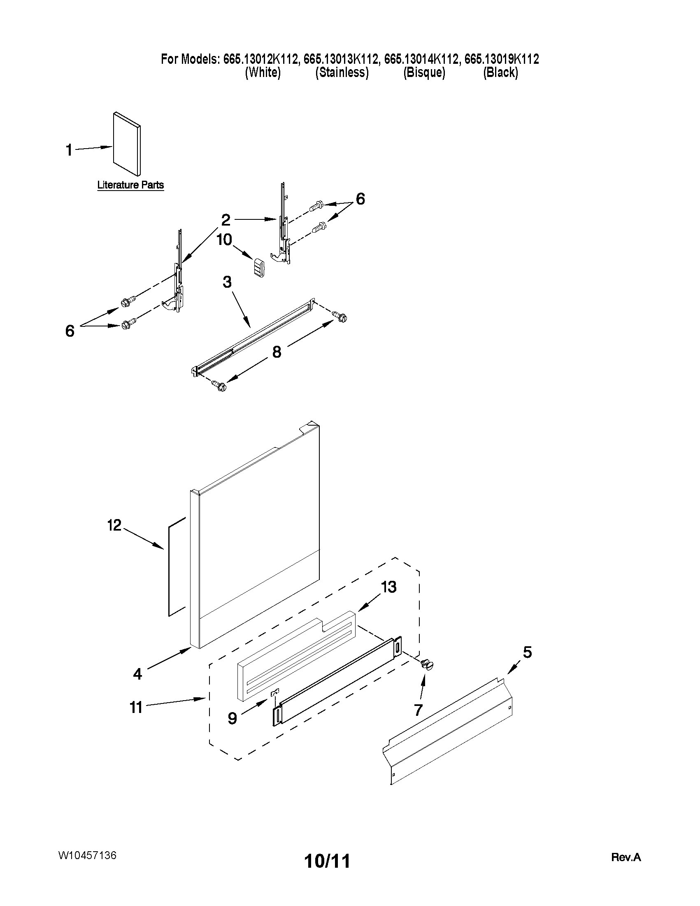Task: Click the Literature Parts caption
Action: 130,185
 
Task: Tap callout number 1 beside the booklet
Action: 69,150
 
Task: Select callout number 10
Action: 224,239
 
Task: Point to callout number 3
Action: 227,282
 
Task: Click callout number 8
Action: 277,352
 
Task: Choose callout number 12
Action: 114,525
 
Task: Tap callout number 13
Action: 388,587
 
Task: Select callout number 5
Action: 527,652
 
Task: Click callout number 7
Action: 418,710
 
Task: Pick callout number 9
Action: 233,718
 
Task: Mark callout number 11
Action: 136,707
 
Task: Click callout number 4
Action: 137,674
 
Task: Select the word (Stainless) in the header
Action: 342,72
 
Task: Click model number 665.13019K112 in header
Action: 501,59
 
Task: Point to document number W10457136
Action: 87,855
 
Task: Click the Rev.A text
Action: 626,857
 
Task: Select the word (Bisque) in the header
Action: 424,72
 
